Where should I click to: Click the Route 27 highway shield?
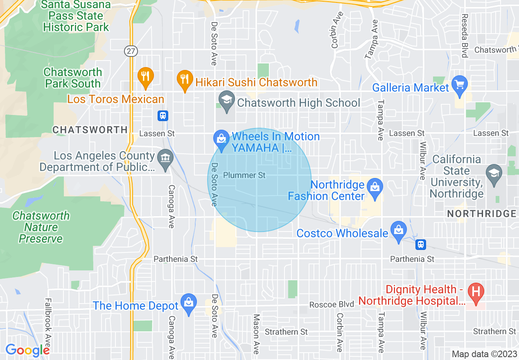(x=131, y=51)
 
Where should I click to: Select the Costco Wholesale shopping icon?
(x=398, y=230)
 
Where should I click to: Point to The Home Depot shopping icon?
(x=188, y=303)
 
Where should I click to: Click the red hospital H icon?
(x=476, y=292)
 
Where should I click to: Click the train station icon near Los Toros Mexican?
(x=163, y=116)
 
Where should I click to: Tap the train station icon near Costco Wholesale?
(x=420, y=245)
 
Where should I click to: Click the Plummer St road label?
(x=244, y=175)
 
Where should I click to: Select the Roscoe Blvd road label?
(x=331, y=304)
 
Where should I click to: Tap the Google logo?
(x=28, y=350)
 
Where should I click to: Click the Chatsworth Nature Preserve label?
(x=41, y=227)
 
